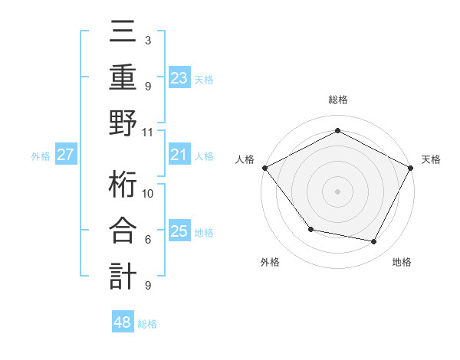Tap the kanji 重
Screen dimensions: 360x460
(123, 77)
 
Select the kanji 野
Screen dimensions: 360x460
(123, 122)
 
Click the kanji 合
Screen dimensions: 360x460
(123, 231)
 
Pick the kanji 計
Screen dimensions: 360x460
(123, 275)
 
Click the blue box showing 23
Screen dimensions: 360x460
(179, 77)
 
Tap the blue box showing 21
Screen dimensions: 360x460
(179, 155)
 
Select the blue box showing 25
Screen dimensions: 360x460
(179, 231)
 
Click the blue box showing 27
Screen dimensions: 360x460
(65, 155)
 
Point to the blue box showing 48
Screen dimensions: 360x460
(122, 323)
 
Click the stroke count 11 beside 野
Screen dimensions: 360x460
(148, 132)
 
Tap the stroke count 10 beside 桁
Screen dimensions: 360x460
(148, 193)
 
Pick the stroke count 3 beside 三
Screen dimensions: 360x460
(147, 40)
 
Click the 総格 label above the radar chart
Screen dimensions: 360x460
(337, 100)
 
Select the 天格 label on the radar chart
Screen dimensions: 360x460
(431, 159)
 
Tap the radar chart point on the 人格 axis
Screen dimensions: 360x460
(264, 167)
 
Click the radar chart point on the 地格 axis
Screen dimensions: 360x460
(374, 242)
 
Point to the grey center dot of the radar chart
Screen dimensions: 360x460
(337, 191)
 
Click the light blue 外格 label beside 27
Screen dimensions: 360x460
(41, 156)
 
